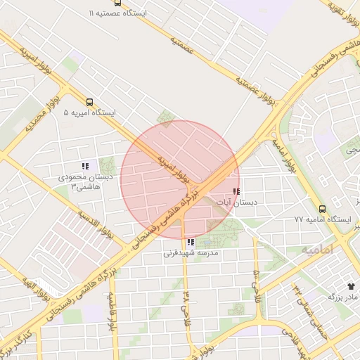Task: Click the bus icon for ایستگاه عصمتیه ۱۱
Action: [95, 13]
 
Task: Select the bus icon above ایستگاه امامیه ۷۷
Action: [322, 209]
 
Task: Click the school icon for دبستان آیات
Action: [236, 191]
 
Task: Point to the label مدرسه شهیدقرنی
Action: [191, 252]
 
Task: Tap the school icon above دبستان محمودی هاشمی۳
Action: [85, 167]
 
